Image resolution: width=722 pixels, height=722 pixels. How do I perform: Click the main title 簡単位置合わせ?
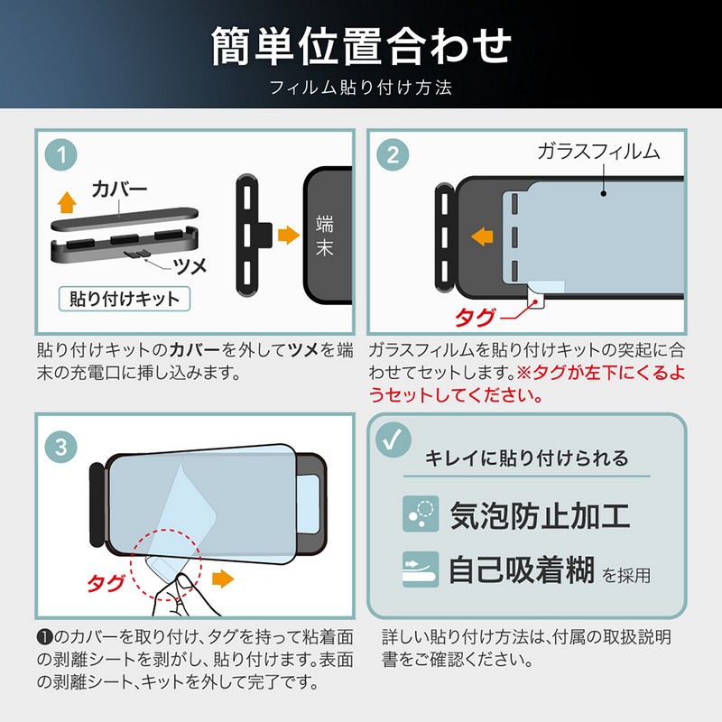(x=362, y=46)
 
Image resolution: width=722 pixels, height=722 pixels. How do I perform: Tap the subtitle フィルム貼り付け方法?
(x=360, y=88)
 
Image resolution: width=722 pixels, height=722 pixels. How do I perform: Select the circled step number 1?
(x=61, y=154)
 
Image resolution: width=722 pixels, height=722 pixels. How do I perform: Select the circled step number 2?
(x=393, y=154)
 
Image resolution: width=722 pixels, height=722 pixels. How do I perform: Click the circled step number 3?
(x=61, y=447)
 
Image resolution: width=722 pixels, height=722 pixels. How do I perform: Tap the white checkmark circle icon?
(x=393, y=440)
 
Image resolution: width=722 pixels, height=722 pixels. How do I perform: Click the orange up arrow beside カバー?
(x=67, y=202)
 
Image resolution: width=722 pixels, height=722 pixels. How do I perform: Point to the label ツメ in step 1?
(x=190, y=265)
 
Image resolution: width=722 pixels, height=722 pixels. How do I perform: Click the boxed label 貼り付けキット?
(x=125, y=299)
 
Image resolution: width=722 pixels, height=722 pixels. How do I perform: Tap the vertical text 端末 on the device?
(x=325, y=236)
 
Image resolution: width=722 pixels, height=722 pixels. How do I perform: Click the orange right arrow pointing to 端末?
(x=289, y=235)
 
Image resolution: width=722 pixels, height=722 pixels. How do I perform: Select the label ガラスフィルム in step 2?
(x=598, y=152)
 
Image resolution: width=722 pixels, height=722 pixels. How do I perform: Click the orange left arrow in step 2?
(x=482, y=236)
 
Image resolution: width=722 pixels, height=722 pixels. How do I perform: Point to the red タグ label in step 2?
(x=476, y=318)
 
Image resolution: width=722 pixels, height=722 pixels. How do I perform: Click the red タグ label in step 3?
(x=106, y=583)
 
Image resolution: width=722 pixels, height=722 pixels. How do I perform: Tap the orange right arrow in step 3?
(x=223, y=579)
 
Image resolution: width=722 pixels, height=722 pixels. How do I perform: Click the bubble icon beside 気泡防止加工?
(x=421, y=514)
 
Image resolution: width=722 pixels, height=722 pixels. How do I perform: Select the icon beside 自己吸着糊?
(x=421, y=569)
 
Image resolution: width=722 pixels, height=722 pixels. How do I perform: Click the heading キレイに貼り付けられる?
(x=526, y=458)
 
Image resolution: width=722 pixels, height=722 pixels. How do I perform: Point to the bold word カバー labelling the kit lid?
(x=120, y=189)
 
